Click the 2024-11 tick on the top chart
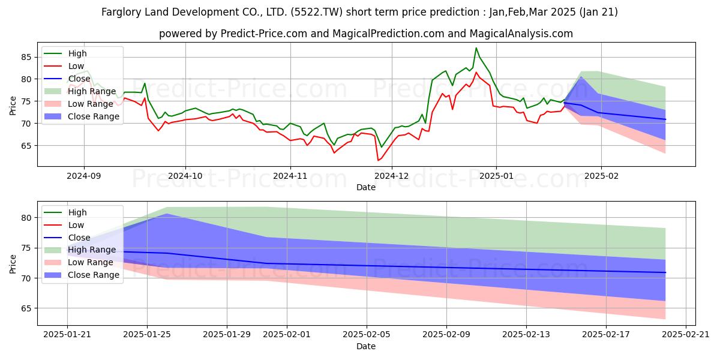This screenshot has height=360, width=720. coord(290,176)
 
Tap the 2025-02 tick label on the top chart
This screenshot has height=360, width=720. coord(601,176)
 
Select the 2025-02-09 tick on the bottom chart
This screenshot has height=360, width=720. coord(446,334)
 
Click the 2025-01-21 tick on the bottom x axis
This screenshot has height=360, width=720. coord(67,334)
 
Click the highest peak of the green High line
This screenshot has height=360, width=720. coord(476,48)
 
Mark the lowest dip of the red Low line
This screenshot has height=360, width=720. coord(378,160)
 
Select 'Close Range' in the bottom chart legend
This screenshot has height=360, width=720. coord(94,275)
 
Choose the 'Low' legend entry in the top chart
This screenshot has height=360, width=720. coord(76,66)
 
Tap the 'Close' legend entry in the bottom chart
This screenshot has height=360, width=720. coord(79,237)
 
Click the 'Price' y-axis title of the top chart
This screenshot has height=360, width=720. coord(13,105)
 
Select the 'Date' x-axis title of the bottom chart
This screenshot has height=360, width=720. coord(366,346)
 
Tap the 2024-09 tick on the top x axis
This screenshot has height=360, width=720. coord(83,176)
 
